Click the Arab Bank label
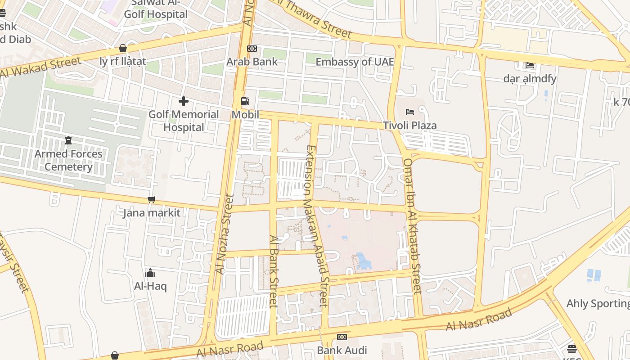(x=252, y=62)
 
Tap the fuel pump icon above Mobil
(x=245, y=102)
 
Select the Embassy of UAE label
(x=355, y=62)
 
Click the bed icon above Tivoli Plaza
(x=409, y=112)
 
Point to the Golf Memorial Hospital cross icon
(x=183, y=101)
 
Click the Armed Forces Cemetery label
(x=68, y=160)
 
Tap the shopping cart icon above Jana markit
(x=152, y=199)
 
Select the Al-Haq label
(x=150, y=286)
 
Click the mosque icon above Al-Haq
(x=150, y=273)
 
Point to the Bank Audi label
(x=342, y=350)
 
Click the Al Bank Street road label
(x=273, y=271)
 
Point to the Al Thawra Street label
(x=315, y=20)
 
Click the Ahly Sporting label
(x=598, y=304)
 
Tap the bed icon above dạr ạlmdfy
(x=530, y=65)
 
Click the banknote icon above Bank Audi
(x=342, y=337)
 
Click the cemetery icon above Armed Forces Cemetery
(x=68, y=141)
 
